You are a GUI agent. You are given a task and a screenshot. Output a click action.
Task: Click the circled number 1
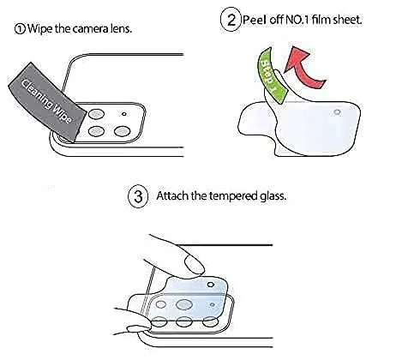tap(20, 29)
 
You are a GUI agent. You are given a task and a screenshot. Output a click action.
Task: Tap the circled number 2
tap(231, 20)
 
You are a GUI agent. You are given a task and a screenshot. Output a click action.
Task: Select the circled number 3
tap(138, 196)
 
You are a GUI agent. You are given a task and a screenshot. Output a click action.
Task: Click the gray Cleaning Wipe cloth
tap(47, 102)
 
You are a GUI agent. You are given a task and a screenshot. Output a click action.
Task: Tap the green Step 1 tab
tap(271, 75)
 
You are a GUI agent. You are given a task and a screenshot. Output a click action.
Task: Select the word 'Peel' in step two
tap(255, 20)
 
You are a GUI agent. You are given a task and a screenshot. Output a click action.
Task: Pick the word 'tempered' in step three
tap(233, 196)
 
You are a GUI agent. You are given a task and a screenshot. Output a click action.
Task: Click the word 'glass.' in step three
tap(273, 197)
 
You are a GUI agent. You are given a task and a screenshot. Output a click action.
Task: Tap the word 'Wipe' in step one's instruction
tap(39, 29)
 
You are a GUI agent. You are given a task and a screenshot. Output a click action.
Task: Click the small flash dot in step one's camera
tap(124, 114)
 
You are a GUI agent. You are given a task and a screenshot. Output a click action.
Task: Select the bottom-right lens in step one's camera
tap(123, 131)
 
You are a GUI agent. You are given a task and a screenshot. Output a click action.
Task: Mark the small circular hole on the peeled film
tap(338, 112)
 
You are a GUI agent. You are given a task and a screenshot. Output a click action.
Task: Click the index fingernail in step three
tap(195, 265)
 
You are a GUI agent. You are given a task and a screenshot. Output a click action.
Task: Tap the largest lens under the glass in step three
tap(183, 304)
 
